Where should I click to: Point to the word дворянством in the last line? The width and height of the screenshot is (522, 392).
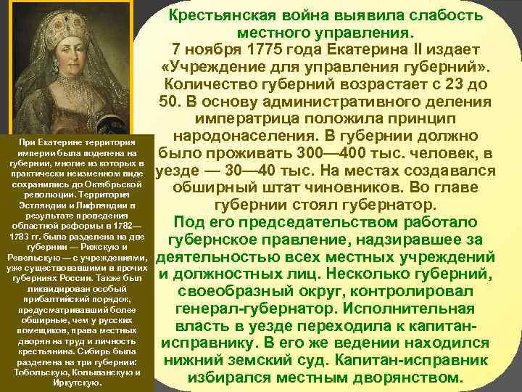coord(405,377)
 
